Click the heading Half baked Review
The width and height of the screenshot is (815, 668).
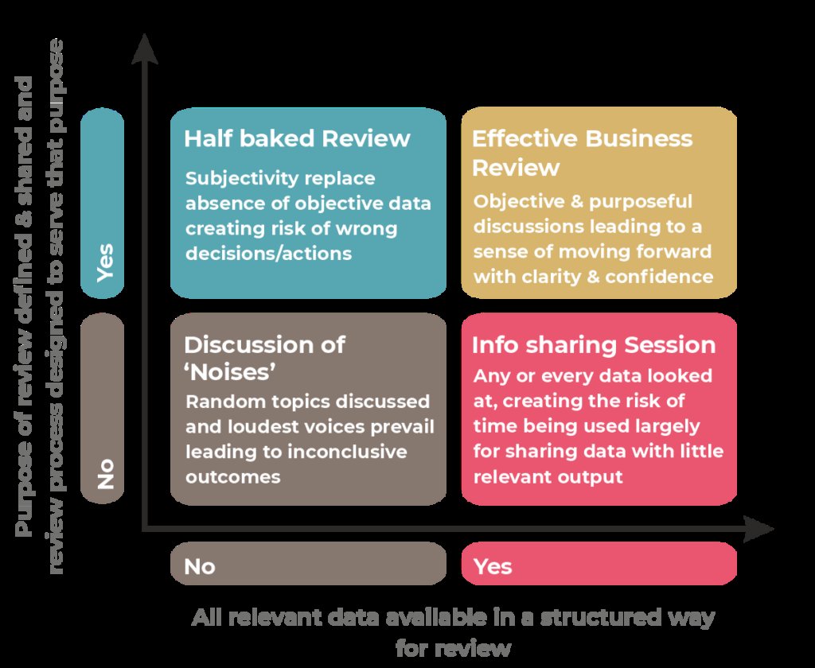(297, 139)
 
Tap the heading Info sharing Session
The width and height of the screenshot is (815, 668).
(594, 345)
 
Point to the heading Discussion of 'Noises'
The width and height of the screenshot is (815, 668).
(264, 358)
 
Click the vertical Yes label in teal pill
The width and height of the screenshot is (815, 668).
(103, 262)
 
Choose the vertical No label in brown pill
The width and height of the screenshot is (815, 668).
(103, 472)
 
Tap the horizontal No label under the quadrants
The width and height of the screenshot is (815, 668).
(200, 566)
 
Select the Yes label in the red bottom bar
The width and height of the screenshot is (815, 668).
(493, 566)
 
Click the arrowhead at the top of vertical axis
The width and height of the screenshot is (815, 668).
(142, 48)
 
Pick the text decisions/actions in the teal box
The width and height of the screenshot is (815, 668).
(268, 254)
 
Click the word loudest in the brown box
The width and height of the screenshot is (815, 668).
(257, 426)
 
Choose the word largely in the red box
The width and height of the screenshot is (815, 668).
(668, 426)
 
